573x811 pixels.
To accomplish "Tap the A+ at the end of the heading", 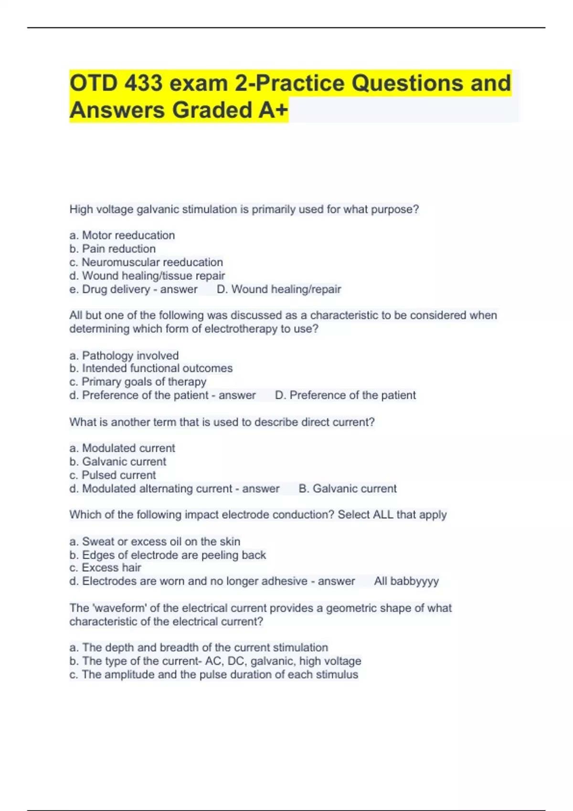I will click(273, 110).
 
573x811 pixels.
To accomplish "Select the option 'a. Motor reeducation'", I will click(122, 235).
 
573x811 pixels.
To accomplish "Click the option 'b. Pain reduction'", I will click(113, 249).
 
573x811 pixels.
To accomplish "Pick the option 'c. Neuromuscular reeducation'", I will click(146, 262).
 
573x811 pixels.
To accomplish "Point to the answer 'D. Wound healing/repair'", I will click(279, 289).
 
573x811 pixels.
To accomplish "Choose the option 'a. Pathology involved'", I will click(124, 355).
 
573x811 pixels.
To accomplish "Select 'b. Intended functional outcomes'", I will click(151, 368).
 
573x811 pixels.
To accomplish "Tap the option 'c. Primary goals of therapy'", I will click(138, 382).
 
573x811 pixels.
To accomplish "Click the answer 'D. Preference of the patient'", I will click(345, 395).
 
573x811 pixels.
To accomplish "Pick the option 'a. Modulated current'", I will click(122, 448).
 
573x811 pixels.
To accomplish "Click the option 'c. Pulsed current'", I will click(113, 475).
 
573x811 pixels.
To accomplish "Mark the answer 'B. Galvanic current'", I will click(348, 489).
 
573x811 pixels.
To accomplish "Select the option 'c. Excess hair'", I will click(106, 568).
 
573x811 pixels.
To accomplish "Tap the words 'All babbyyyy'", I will click(406, 581).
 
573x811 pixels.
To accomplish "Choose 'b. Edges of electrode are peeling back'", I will click(168, 555).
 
